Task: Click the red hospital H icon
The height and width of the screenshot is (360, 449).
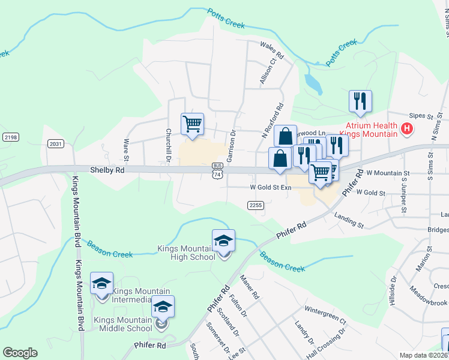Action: [408, 128]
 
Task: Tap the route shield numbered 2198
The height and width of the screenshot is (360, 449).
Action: [10, 137]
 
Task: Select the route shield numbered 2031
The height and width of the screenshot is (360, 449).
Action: [56, 143]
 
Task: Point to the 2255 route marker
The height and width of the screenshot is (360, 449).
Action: [256, 205]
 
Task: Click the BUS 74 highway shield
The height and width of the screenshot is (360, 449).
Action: [218, 170]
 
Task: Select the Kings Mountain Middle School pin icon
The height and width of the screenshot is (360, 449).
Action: [163, 308]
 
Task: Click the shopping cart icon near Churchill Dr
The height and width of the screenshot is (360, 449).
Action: [192, 124]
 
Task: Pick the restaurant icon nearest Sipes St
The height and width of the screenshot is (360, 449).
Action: [360, 101]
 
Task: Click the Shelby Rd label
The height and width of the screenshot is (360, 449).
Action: [107, 170]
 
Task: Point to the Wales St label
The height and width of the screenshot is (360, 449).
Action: [271, 46]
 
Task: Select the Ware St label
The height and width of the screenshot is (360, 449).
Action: [127, 151]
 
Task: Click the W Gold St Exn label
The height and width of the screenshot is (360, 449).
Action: [271, 188]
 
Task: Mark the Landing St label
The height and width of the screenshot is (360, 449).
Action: [349, 220]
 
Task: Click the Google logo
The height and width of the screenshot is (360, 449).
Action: [20, 352]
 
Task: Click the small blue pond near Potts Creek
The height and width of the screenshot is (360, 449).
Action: [314, 85]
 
